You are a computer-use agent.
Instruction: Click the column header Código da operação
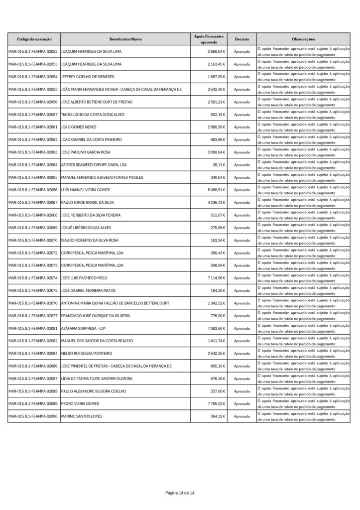33,39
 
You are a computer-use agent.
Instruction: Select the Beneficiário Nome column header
125,39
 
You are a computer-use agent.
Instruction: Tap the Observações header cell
303,39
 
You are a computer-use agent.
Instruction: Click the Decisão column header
242,39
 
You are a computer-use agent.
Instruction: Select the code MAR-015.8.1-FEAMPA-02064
33,165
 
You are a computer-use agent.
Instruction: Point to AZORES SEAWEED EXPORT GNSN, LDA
93,165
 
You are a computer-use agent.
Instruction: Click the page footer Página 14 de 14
180,493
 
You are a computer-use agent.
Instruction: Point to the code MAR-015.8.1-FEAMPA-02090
33,416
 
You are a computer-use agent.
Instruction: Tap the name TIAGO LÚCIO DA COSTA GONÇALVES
95,115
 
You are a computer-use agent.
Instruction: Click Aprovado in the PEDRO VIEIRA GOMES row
242,404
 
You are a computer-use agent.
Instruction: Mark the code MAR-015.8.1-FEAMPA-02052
33,52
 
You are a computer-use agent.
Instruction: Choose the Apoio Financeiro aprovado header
209,39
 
